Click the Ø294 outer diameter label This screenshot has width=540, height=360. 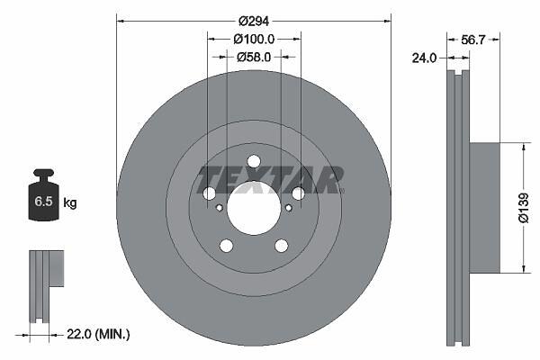pyautogui.click(x=254, y=22)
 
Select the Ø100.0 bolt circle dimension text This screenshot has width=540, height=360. pyautogui.click(x=254, y=40)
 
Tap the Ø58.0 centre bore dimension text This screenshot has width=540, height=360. pyautogui.click(x=254, y=57)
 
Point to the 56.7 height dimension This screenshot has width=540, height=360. pyautogui.click(x=472, y=40)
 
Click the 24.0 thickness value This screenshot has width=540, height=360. pyautogui.click(x=424, y=58)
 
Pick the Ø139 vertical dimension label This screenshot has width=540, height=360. pyautogui.click(x=523, y=208)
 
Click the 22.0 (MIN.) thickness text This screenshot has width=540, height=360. pyautogui.click(x=98, y=334)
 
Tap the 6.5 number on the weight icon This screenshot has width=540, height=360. pyautogui.click(x=43, y=202)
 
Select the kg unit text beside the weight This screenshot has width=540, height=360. pyautogui.click(x=70, y=202)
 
